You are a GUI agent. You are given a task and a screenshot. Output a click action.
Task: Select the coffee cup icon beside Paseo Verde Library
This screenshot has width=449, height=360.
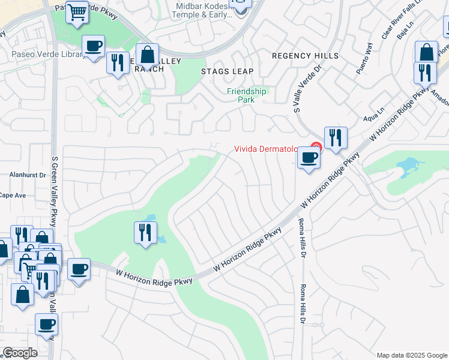93,46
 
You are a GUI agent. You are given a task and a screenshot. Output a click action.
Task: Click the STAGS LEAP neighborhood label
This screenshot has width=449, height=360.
227,71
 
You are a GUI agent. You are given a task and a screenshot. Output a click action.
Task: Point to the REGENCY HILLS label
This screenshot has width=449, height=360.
305,56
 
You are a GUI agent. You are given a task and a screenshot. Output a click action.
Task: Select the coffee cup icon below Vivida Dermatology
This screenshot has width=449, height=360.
309,158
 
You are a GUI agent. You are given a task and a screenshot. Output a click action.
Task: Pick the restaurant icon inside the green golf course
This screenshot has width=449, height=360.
145,232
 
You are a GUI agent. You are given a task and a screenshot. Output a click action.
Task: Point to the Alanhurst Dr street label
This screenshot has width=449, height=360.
28,175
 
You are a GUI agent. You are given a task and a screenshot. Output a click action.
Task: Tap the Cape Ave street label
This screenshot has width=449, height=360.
13,196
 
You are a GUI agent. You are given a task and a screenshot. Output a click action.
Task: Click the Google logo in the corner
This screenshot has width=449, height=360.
20,352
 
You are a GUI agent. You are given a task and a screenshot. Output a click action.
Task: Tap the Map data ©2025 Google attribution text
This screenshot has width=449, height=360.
411,355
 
